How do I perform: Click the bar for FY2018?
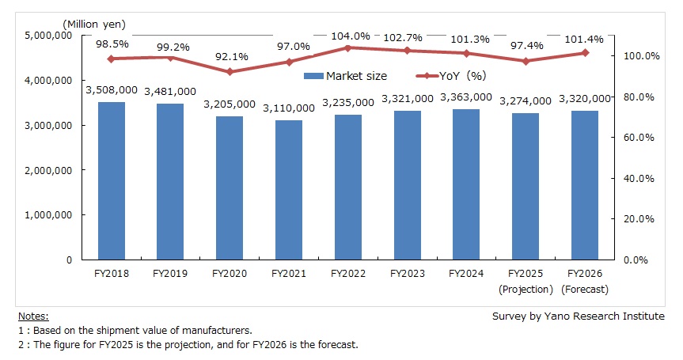(x=112, y=181)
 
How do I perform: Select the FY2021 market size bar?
(x=289, y=190)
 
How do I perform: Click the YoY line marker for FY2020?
(x=230, y=72)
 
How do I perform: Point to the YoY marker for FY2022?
(x=348, y=47)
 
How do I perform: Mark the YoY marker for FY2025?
(x=526, y=61)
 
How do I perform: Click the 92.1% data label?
(x=230, y=56)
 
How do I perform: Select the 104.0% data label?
(x=348, y=36)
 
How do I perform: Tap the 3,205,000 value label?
(x=230, y=104)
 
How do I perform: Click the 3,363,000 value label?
(x=466, y=97)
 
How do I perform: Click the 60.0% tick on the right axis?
(x=637, y=138)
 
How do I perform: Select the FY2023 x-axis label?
(x=407, y=275)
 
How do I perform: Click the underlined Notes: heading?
(x=32, y=316)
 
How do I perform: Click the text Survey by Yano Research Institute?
(x=579, y=316)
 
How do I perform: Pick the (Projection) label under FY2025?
(x=526, y=289)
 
